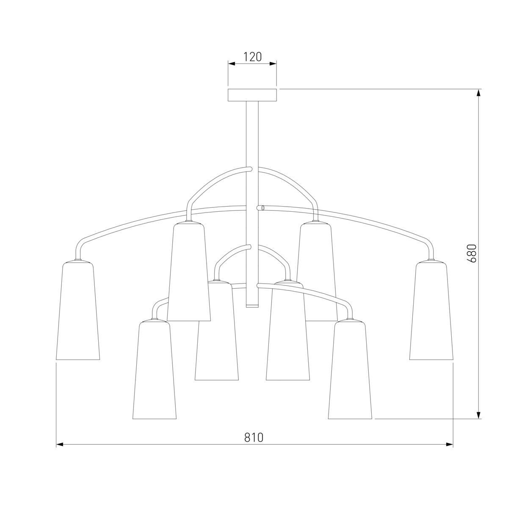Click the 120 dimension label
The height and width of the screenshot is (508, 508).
tap(252, 57)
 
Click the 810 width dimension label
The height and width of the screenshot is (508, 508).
tap(254, 437)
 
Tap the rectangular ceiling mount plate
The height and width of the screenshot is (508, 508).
tap(252, 95)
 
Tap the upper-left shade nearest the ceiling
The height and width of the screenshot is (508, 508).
tap(189, 271)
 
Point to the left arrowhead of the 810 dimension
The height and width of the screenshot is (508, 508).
tap(59, 444)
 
